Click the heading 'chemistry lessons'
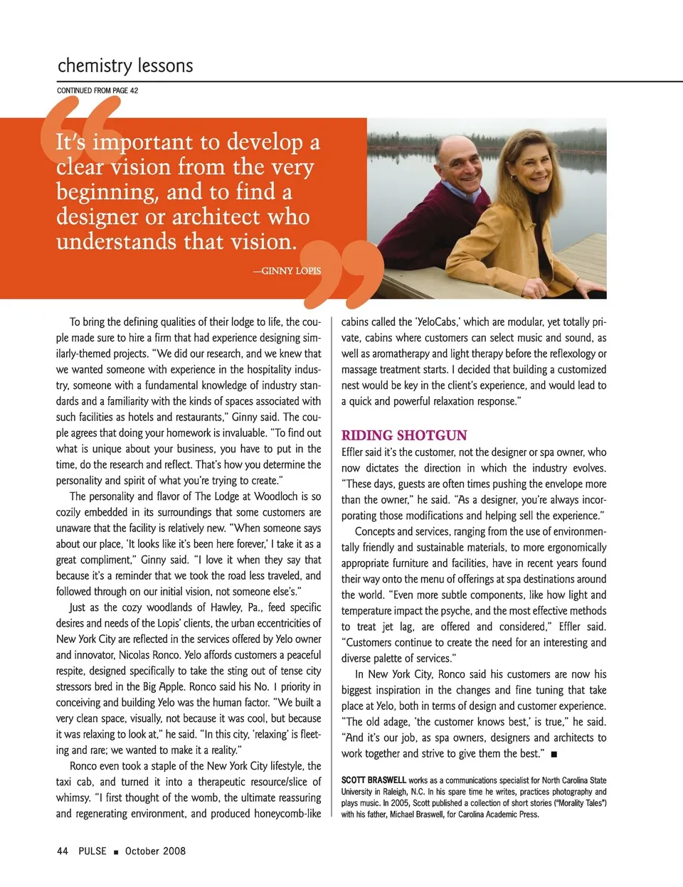(125, 66)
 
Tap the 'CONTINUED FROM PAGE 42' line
(97, 90)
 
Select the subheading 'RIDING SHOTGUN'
(404, 435)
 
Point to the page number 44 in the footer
(63, 851)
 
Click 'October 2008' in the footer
(155, 851)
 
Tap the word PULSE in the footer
(92, 851)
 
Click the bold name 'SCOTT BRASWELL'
(374, 780)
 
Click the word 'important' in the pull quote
(142, 142)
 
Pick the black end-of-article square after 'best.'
(554, 753)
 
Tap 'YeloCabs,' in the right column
(438, 322)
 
